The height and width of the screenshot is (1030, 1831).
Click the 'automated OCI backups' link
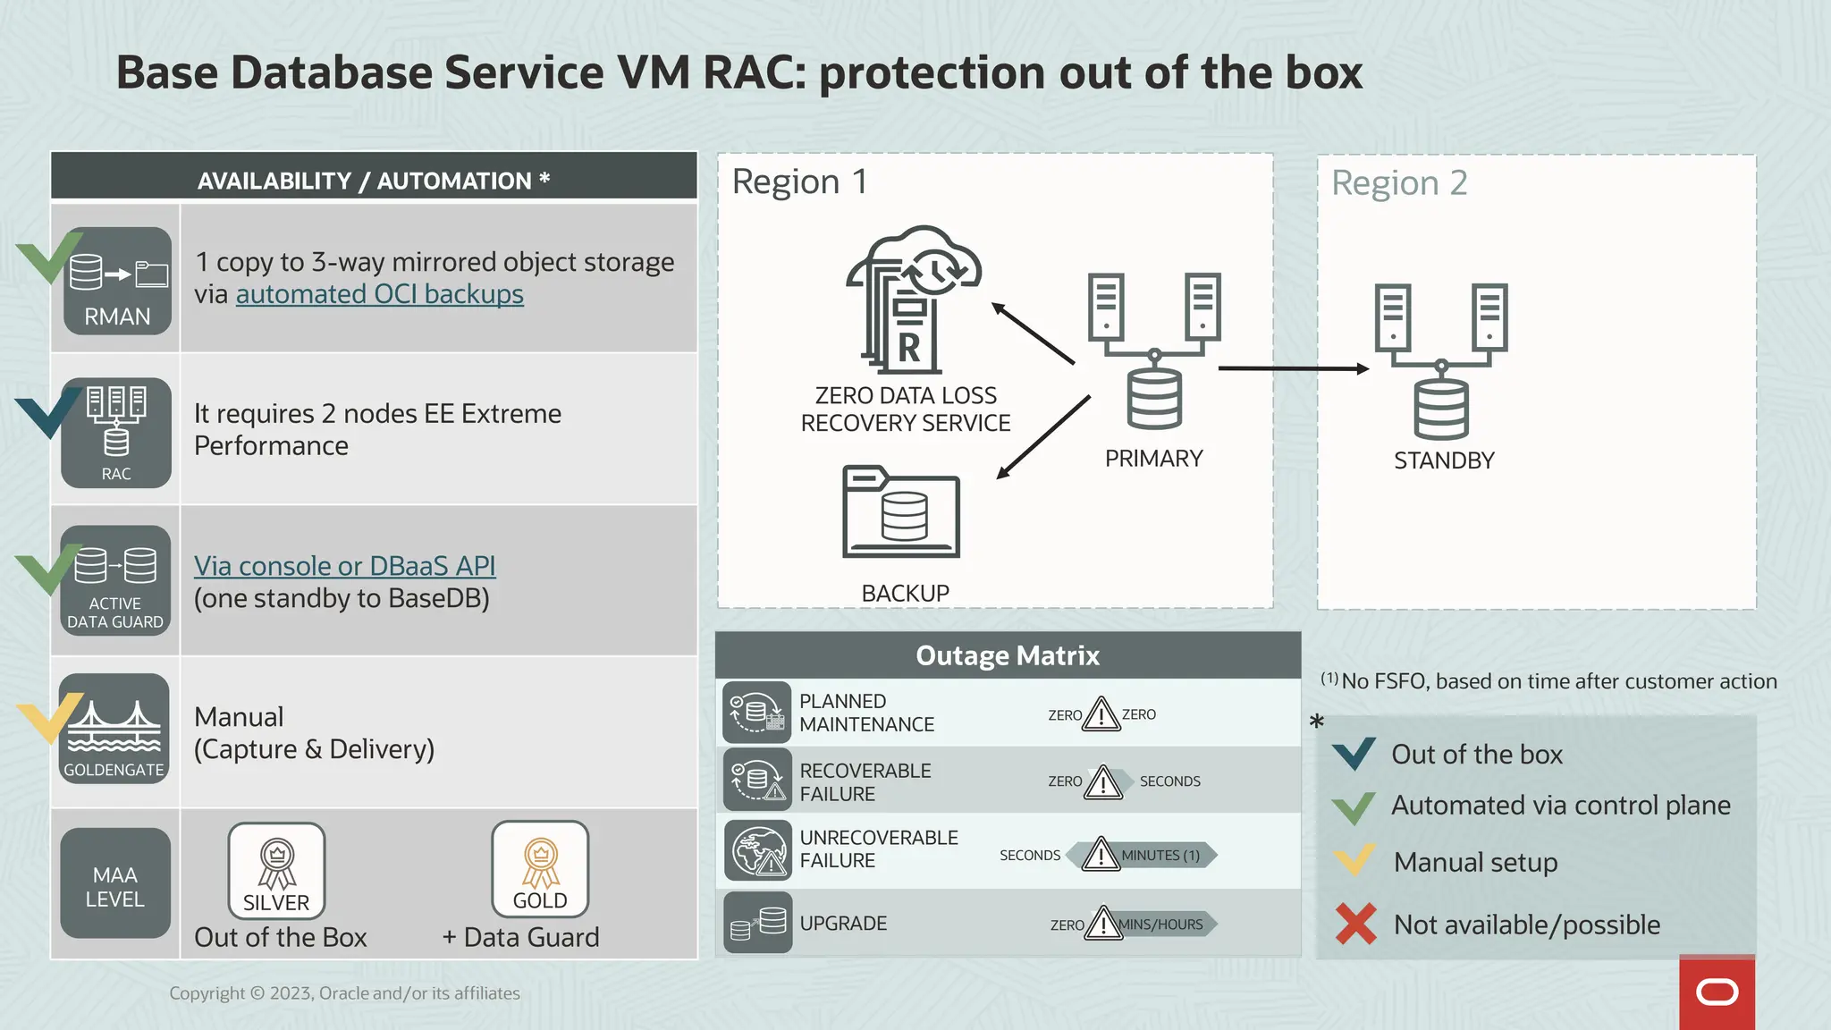[379, 294]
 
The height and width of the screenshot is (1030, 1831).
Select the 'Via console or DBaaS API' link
[344, 566]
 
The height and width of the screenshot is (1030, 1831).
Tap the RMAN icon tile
[116, 281]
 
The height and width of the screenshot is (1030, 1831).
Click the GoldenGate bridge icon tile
[114, 729]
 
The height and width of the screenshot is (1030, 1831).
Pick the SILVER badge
[276, 870]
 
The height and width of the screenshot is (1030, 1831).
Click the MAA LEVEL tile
[115, 883]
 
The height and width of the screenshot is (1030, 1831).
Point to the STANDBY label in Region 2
[1443, 460]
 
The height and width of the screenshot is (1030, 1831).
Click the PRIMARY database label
[1153, 459]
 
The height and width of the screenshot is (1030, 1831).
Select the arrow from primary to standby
[1292, 367]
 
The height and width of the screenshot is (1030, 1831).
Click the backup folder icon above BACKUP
[901, 512]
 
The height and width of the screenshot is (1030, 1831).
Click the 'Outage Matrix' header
[1008, 655]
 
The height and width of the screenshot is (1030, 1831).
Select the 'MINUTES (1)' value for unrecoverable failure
[1160, 856]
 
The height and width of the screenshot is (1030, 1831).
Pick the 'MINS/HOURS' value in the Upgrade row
[1160, 924]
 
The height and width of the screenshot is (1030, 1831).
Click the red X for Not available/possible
[1355, 924]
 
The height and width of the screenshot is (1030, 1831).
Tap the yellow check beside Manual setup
[1354, 861]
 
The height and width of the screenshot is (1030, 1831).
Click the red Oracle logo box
[1717, 992]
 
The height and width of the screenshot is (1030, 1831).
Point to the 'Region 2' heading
[1399, 182]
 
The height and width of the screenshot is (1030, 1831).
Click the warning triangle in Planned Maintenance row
[1101, 714]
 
